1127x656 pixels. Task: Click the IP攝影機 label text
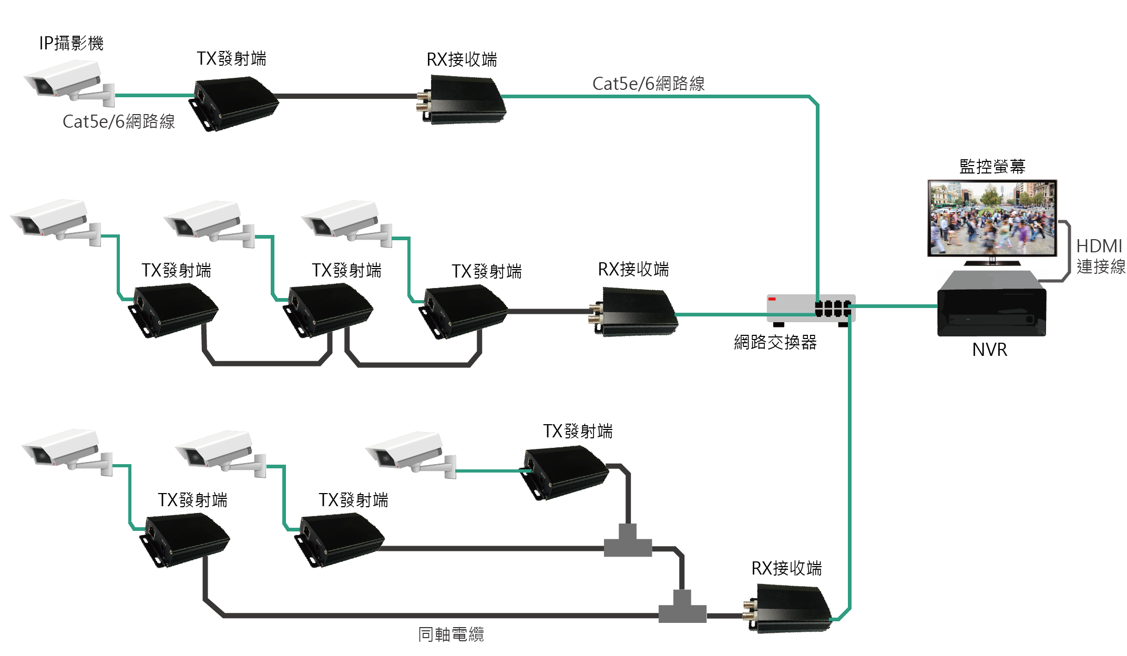[71, 43]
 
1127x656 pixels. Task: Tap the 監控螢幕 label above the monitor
[992, 167]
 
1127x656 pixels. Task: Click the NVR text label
[990, 350]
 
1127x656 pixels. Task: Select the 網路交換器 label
[775, 343]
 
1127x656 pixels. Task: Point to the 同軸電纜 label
[451, 634]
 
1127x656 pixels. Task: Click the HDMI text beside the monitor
[1099, 246]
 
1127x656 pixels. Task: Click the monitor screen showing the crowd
[992, 218]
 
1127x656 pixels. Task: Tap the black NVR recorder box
[991, 305]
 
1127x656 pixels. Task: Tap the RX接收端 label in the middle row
[633, 270]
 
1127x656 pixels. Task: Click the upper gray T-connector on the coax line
[628, 542]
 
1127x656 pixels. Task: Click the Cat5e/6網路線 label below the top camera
[119, 122]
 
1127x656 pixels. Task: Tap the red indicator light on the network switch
[772, 299]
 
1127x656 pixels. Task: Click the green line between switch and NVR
[894, 306]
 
